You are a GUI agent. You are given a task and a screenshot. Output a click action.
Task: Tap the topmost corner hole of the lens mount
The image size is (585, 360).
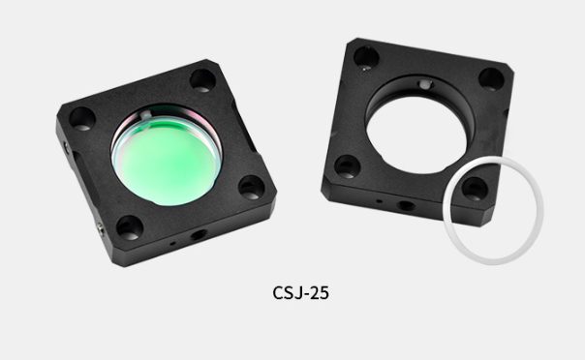tap(202, 80)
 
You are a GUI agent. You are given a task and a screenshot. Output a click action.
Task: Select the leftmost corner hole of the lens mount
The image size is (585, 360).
tap(82, 119)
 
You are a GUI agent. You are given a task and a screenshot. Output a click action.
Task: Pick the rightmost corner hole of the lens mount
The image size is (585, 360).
tap(252, 187)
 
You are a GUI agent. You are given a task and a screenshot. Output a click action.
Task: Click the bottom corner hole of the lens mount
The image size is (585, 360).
tap(130, 227)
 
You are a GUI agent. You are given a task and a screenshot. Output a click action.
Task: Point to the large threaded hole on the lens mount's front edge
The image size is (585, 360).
tap(199, 234)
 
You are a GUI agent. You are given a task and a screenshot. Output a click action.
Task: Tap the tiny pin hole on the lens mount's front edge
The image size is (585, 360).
tap(172, 244)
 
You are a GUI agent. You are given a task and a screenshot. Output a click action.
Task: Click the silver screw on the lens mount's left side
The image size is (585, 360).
tap(100, 226)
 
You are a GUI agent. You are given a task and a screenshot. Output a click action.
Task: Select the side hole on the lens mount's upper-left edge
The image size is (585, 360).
tap(67, 147)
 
